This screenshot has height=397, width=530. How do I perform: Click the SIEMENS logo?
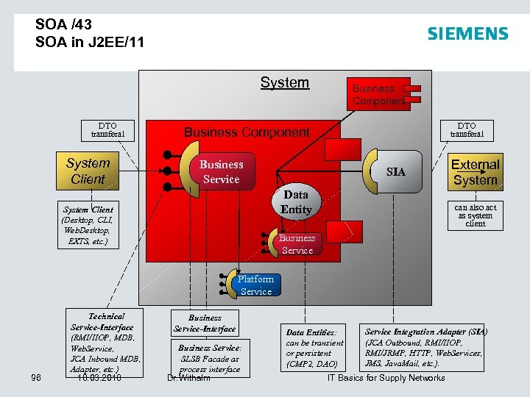click(467, 34)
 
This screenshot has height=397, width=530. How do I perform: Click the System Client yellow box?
click(88, 171)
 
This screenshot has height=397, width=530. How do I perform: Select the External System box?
click(475, 172)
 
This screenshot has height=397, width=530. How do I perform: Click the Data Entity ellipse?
click(296, 202)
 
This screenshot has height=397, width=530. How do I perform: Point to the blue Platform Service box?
click(255, 285)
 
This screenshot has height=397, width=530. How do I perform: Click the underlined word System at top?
click(285, 82)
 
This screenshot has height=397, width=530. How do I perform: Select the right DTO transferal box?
click(467, 130)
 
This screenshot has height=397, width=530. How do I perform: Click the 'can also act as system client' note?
click(476, 215)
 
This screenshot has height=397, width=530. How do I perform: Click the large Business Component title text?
click(247, 132)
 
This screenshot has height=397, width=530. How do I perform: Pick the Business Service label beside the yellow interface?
click(221, 172)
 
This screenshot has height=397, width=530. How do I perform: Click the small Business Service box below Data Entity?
click(297, 244)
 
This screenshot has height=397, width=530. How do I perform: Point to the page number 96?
click(36, 378)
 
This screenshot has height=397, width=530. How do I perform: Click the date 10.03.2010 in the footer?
click(99, 378)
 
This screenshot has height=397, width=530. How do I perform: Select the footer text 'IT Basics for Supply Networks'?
click(386, 378)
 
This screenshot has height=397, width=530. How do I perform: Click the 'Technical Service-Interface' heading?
click(102, 321)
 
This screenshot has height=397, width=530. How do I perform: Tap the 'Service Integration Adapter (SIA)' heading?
click(425, 332)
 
